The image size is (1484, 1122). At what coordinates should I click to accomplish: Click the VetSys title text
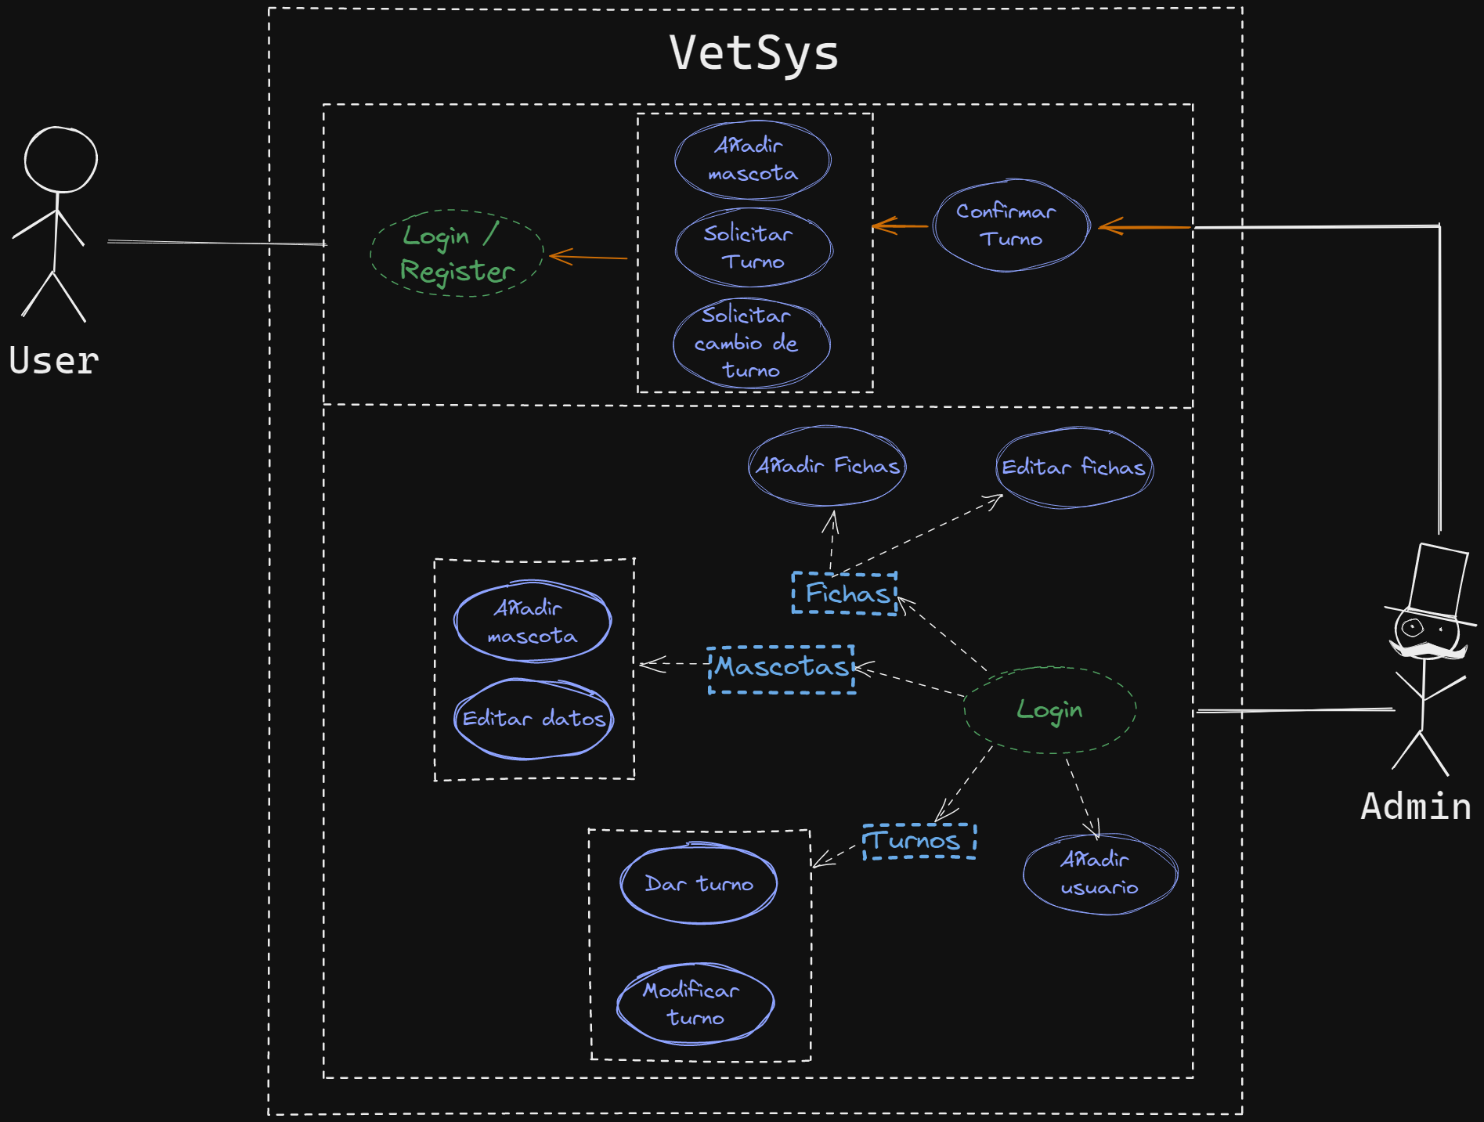pyautogui.click(x=754, y=53)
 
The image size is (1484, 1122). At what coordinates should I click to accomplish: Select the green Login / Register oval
pyautogui.click(x=457, y=253)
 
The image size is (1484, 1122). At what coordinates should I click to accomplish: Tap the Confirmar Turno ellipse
pyautogui.click(x=1010, y=225)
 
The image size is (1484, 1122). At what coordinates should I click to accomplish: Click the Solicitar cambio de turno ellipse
pyautogui.click(x=751, y=343)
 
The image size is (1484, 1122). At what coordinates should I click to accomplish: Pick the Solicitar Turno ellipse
pyautogui.click(x=753, y=247)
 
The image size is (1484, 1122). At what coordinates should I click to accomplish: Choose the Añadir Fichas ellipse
pyautogui.click(x=827, y=466)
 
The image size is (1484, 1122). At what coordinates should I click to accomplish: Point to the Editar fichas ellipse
pyautogui.click(x=1074, y=467)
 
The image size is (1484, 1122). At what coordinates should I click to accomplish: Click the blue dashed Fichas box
pyautogui.click(x=845, y=593)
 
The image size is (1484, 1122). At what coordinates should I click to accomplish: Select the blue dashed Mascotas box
pyautogui.click(x=781, y=668)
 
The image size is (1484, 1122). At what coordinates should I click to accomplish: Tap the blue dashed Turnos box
pyautogui.click(x=918, y=841)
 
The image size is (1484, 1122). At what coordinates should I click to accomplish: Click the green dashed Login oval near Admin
pyautogui.click(x=1049, y=710)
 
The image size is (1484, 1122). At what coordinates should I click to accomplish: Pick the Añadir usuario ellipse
pyautogui.click(x=1099, y=874)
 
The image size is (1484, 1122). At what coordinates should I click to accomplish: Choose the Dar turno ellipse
pyautogui.click(x=699, y=884)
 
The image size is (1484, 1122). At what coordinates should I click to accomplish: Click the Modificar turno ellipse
pyautogui.click(x=695, y=1004)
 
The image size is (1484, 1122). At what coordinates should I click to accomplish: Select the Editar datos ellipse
pyautogui.click(x=533, y=719)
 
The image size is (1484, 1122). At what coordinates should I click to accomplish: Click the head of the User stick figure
pyautogui.click(x=61, y=160)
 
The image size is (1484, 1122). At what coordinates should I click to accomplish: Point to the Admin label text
pyautogui.click(x=1416, y=806)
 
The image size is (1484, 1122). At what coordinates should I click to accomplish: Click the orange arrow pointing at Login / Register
pyautogui.click(x=588, y=257)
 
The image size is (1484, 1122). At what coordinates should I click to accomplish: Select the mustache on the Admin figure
pyautogui.click(x=1427, y=650)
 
